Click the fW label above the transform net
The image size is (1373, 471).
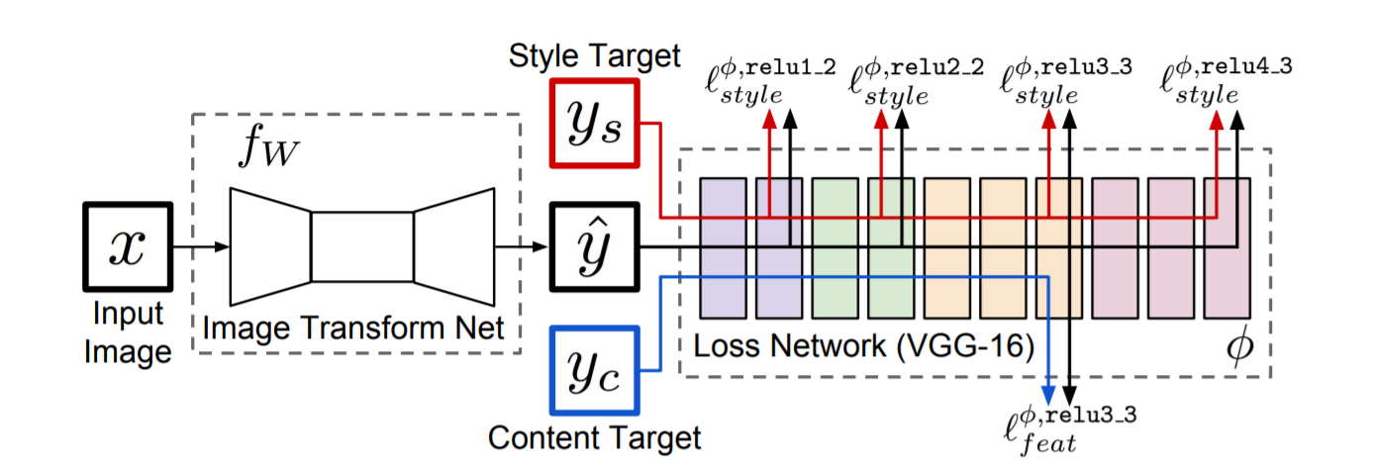268,145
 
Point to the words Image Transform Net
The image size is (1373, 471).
353,328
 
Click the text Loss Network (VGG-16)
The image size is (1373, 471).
863,346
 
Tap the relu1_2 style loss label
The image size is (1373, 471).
770,82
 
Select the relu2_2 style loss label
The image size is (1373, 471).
917,82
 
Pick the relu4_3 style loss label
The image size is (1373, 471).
1226,81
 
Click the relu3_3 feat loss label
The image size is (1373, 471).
1070,430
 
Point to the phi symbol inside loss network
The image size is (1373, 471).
1239,346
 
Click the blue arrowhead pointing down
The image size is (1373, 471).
1048,395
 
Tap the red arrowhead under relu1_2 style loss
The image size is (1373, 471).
769,119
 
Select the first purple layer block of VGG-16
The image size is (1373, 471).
724,248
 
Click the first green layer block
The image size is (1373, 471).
834,248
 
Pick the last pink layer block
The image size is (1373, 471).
1227,248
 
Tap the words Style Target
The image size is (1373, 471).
595,55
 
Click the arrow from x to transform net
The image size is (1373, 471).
201,246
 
